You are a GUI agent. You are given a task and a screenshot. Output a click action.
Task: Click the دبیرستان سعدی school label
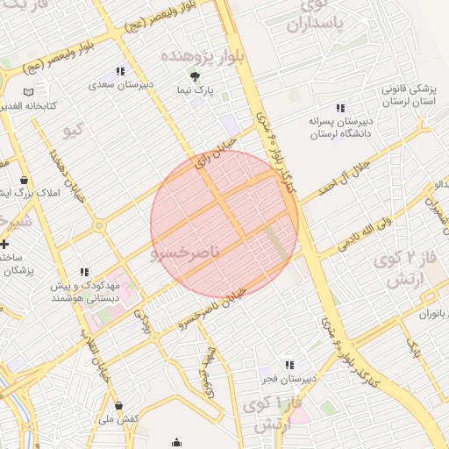[x=120, y=86]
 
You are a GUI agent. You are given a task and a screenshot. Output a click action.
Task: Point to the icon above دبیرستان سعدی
[x=120, y=72]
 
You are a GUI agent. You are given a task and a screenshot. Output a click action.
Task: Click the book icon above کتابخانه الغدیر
[x=28, y=91]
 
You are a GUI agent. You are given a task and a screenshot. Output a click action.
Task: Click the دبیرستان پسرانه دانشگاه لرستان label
[x=340, y=127]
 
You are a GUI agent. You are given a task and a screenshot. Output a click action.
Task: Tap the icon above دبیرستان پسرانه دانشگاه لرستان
[x=340, y=107]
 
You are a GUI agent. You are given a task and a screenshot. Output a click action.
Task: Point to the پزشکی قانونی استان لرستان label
[x=408, y=95]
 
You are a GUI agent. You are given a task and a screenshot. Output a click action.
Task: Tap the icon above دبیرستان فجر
[x=289, y=365]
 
